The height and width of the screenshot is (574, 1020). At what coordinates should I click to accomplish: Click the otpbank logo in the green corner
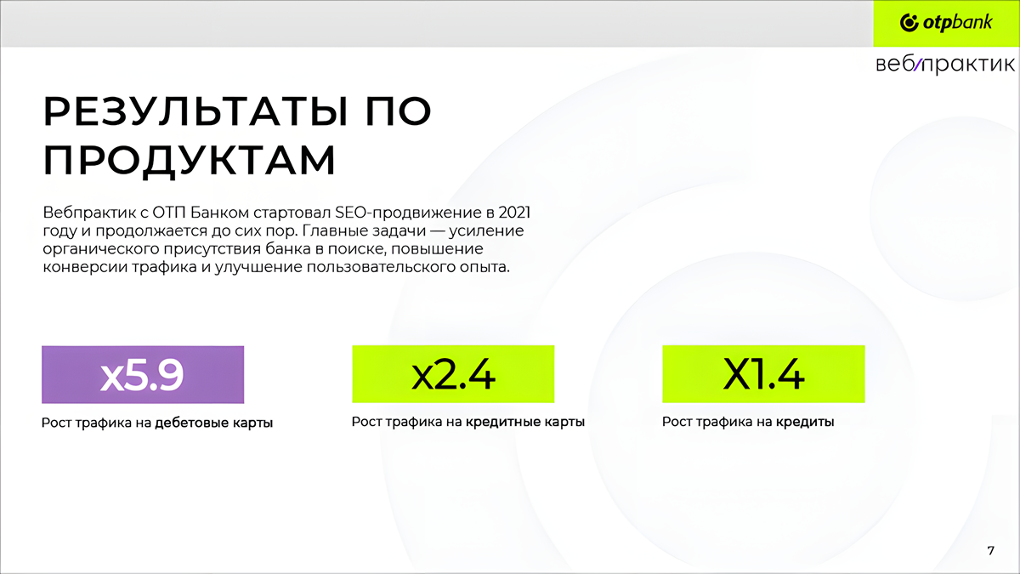(x=946, y=23)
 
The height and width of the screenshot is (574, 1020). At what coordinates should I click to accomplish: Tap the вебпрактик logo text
(x=945, y=65)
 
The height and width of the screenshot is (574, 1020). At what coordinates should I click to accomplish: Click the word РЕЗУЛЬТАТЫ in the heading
(x=195, y=111)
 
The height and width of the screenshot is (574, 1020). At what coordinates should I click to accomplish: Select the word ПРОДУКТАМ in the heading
(x=190, y=161)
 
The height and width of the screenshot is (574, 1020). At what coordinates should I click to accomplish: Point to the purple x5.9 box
(x=143, y=374)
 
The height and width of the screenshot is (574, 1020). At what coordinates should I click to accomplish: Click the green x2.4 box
(x=453, y=374)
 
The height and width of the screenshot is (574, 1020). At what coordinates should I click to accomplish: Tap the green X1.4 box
(x=763, y=374)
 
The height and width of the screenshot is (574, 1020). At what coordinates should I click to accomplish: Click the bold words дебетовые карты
(x=213, y=423)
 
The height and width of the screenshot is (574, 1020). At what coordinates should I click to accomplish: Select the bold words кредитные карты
(x=525, y=422)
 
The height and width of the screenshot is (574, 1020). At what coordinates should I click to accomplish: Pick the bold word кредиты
(x=805, y=422)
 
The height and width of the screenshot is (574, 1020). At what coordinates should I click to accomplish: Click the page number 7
(x=990, y=551)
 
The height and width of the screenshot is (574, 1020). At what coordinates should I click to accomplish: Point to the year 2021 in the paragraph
(x=514, y=213)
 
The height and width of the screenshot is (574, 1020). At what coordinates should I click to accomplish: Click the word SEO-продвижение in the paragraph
(x=408, y=213)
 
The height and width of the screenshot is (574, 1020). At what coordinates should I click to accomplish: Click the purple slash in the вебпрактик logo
(x=917, y=65)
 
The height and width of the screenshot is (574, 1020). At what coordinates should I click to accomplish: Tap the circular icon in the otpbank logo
(x=909, y=23)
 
